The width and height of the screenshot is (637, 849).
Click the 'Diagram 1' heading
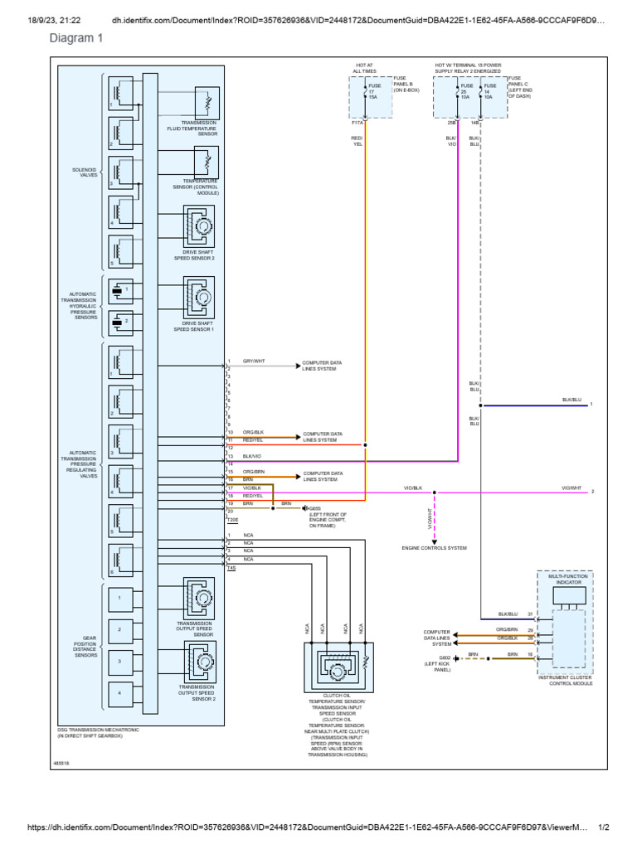point(77,38)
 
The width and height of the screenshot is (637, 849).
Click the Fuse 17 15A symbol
point(365,90)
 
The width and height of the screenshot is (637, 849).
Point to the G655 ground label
point(315,508)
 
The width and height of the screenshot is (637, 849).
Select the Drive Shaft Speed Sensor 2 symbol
point(199,226)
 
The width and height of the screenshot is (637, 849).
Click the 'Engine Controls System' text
point(435,548)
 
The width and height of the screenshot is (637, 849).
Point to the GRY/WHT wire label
point(253,361)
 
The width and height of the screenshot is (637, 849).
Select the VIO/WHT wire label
point(571,488)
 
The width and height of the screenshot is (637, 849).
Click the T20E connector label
point(233,520)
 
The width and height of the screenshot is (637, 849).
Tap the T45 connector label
point(231,568)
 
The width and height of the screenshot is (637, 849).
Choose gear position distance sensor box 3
point(120,661)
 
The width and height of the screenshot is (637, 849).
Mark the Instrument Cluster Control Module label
point(565,680)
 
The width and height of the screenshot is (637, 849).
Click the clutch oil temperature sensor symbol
point(338,669)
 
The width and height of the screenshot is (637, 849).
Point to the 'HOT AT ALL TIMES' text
point(365,68)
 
